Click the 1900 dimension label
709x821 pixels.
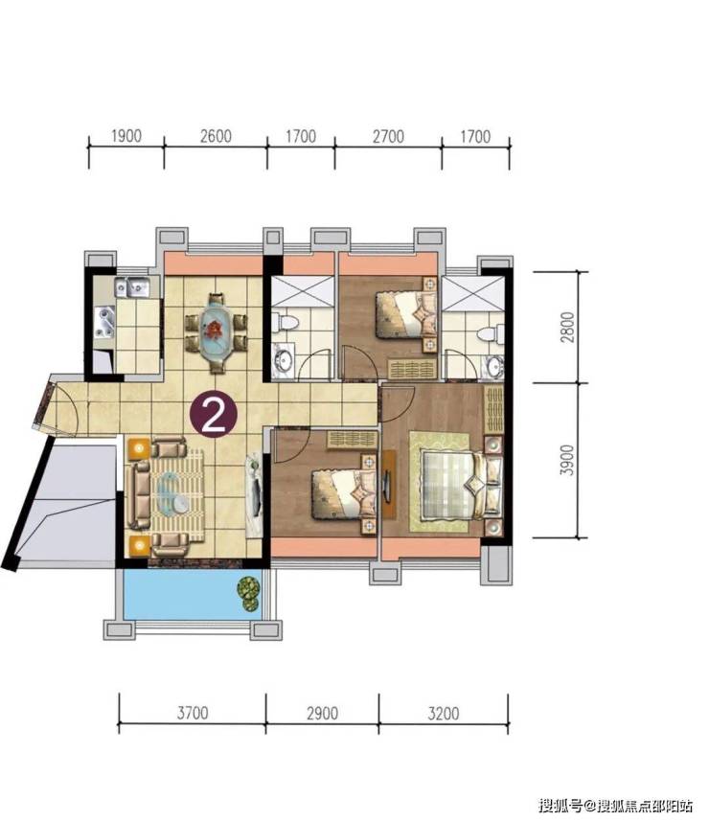[126, 136]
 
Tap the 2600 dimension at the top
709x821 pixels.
[216, 136]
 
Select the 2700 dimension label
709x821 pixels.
[389, 137]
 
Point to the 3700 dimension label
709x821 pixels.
[193, 713]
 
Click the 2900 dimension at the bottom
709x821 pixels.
[322, 713]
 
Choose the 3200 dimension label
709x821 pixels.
[444, 713]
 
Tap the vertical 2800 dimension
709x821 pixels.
[567, 328]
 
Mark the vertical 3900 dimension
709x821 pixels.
[567, 460]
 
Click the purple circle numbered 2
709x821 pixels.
[214, 415]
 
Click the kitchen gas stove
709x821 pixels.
[103, 323]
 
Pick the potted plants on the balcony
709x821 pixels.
[249, 593]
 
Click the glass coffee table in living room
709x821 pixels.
[173, 493]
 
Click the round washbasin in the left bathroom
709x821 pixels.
[285, 360]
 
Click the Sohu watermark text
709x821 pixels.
[617, 805]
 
